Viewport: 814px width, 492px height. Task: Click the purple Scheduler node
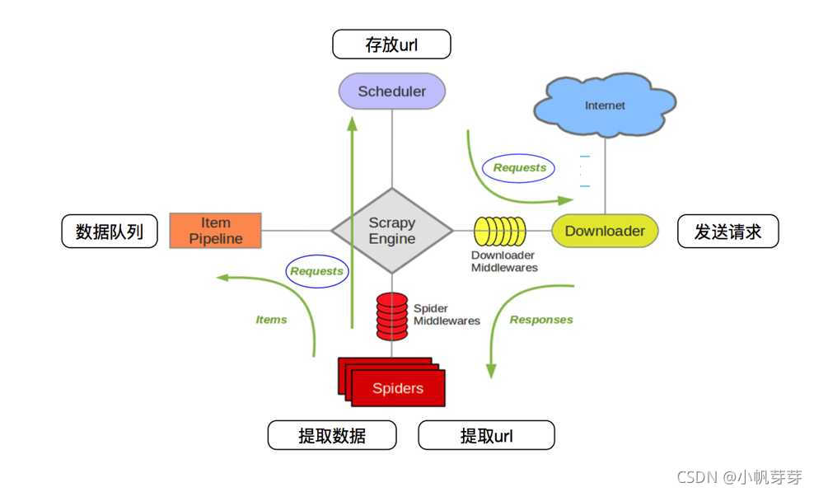click(x=391, y=91)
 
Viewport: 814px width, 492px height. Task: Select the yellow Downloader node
click(x=605, y=232)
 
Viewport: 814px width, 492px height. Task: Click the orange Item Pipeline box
click(x=215, y=231)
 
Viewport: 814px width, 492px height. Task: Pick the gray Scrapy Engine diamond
click(x=391, y=231)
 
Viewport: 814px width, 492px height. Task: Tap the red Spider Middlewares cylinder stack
click(x=392, y=316)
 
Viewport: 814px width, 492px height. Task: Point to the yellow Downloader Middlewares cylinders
click(x=499, y=231)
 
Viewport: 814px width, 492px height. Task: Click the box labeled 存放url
click(x=391, y=45)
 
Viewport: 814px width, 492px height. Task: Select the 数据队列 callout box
click(x=110, y=232)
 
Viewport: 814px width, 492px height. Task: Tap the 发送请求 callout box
click(x=727, y=232)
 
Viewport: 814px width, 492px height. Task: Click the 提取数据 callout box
click(x=332, y=435)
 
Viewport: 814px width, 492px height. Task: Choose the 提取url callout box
click(x=486, y=435)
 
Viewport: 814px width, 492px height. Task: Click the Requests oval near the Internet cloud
click(x=519, y=168)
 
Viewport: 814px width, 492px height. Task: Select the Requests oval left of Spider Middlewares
click(x=316, y=271)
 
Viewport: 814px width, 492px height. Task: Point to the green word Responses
click(x=541, y=320)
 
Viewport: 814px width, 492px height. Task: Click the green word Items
click(x=271, y=320)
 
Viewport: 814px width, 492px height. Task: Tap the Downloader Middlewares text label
click(x=503, y=261)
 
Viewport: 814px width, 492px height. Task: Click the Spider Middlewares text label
click(x=446, y=315)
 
